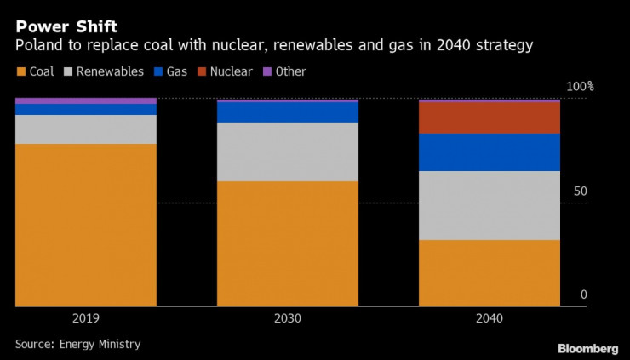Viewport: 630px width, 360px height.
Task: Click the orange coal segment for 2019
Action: coord(86,225)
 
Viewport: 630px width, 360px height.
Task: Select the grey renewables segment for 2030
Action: coord(288,151)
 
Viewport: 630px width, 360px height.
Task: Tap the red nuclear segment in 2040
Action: coord(490,117)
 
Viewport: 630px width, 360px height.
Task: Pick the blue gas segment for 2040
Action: coord(490,152)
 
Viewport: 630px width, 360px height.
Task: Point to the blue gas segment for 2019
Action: coord(86,109)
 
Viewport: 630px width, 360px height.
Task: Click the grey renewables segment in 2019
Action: coord(86,129)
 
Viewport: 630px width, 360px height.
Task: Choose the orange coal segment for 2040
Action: coord(490,272)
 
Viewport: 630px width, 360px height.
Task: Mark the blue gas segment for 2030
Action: coord(288,111)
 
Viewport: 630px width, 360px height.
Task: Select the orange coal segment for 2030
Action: coord(288,243)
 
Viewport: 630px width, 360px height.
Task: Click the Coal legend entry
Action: coord(35,71)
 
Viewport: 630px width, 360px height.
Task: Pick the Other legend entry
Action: coord(283,71)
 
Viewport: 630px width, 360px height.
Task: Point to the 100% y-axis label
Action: coord(581,87)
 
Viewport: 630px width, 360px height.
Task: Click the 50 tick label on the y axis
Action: coord(580,191)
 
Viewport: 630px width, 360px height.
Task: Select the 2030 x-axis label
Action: coord(288,319)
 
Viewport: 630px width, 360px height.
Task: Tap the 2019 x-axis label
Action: coord(86,319)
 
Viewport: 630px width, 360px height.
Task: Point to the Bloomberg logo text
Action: coord(587,349)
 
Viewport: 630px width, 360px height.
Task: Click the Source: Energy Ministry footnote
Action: coord(77,344)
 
